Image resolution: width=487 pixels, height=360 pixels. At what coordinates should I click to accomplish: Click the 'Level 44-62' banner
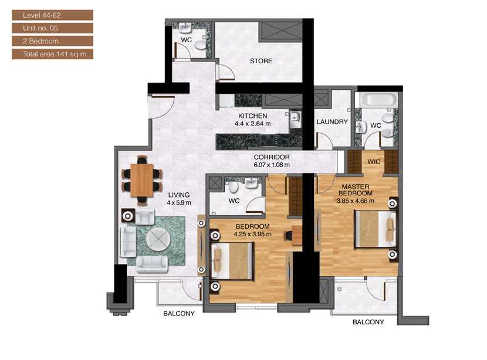point(52,15)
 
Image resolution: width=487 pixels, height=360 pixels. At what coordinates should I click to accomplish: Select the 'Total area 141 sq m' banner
point(52,54)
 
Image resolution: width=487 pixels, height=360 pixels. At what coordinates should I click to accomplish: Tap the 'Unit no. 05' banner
point(52,28)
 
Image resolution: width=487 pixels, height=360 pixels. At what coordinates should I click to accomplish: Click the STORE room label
point(261,61)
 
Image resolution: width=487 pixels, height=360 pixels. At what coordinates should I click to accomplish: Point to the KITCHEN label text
point(252,116)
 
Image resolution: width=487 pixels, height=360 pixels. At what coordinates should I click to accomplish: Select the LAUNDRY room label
point(332,122)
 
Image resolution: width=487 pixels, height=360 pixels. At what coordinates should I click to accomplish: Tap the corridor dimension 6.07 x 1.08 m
point(272,165)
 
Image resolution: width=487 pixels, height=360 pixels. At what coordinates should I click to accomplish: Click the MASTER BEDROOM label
point(355,189)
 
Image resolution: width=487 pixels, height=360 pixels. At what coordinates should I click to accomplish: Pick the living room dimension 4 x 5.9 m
point(179,203)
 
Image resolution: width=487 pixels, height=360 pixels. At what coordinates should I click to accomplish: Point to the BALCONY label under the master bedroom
point(368,322)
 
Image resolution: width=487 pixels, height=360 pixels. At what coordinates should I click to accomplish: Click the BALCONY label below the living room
point(179,314)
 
